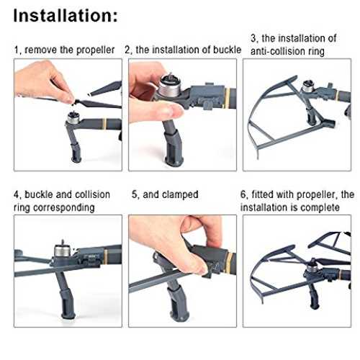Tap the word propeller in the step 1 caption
(x=95, y=50)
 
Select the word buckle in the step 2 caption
(x=227, y=50)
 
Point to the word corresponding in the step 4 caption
(x=64, y=208)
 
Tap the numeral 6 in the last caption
(x=243, y=194)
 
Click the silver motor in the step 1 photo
(x=73, y=117)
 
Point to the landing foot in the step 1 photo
(x=76, y=153)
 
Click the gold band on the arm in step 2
(x=227, y=99)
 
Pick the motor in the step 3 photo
(x=307, y=86)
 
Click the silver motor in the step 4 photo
(x=60, y=251)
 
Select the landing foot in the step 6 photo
(x=314, y=297)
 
